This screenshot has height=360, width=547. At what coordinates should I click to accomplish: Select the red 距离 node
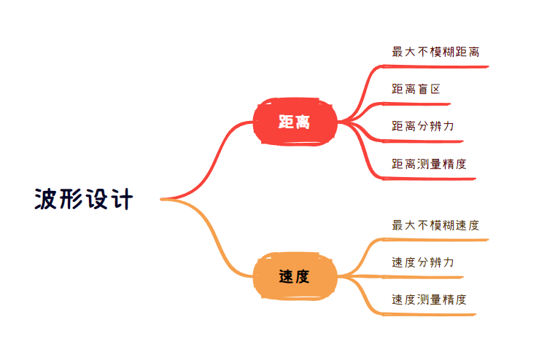[295, 122]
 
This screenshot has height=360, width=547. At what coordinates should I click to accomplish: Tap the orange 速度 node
[295, 276]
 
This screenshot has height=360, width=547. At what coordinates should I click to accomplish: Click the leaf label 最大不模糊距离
[435, 52]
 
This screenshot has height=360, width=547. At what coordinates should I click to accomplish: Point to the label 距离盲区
[416, 89]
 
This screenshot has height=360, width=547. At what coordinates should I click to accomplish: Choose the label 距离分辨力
[423, 126]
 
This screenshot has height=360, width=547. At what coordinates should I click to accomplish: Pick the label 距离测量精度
[429, 163]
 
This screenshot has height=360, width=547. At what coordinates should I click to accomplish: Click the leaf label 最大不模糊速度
[435, 225]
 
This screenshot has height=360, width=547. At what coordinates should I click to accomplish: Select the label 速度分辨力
[423, 262]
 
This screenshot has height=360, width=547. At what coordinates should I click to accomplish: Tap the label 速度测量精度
[429, 300]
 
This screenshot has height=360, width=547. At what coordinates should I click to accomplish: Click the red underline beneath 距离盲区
[430, 103]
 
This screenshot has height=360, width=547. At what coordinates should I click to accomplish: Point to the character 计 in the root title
[122, 199]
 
